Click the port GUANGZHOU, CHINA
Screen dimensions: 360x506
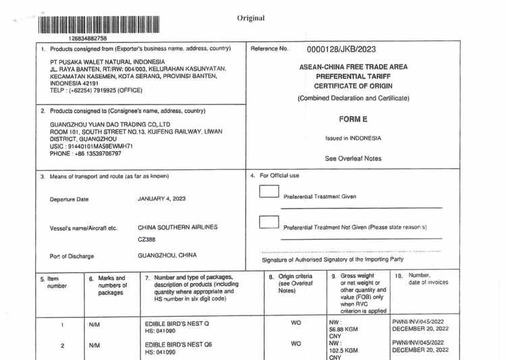point(167,256)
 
